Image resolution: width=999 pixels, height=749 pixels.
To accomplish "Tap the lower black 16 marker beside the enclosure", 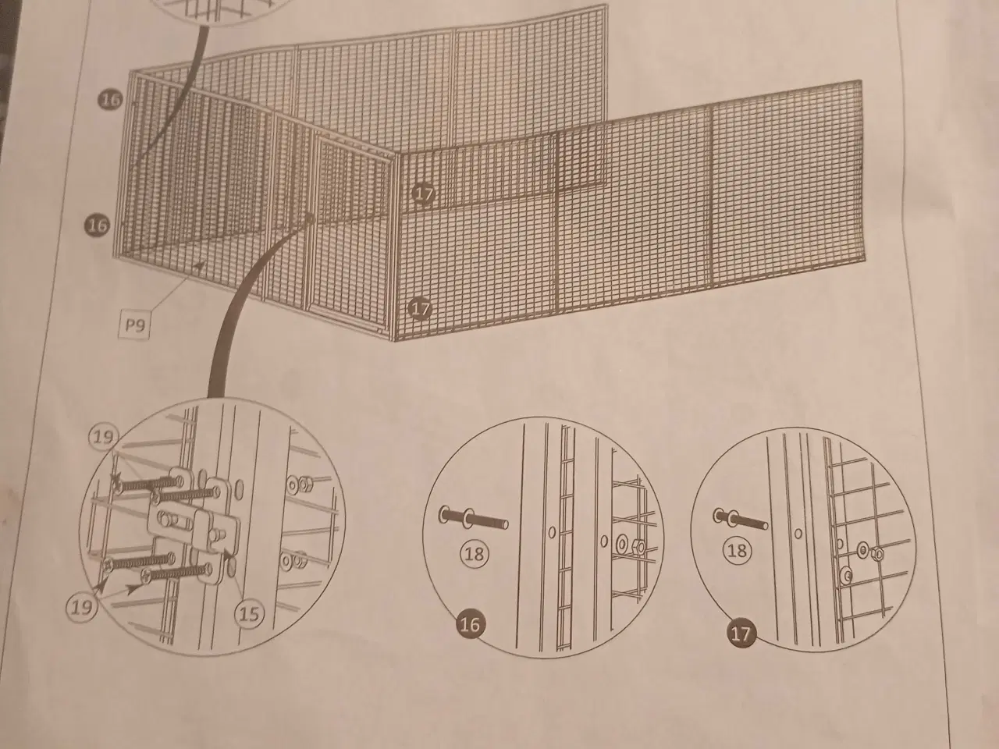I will [96, 225].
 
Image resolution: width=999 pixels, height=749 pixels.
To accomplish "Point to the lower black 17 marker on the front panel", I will [420, 310].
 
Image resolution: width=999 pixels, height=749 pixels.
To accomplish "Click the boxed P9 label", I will [136, 324].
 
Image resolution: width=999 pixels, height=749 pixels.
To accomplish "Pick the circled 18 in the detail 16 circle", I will [474, 554].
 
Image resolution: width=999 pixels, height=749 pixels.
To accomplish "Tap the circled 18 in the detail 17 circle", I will [737, 552].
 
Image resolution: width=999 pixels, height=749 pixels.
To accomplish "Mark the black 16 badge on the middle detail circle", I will [471, 624].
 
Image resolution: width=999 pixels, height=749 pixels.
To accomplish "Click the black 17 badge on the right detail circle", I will [741, 633].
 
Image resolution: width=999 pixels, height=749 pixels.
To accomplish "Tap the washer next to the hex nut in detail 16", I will [623, 542].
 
